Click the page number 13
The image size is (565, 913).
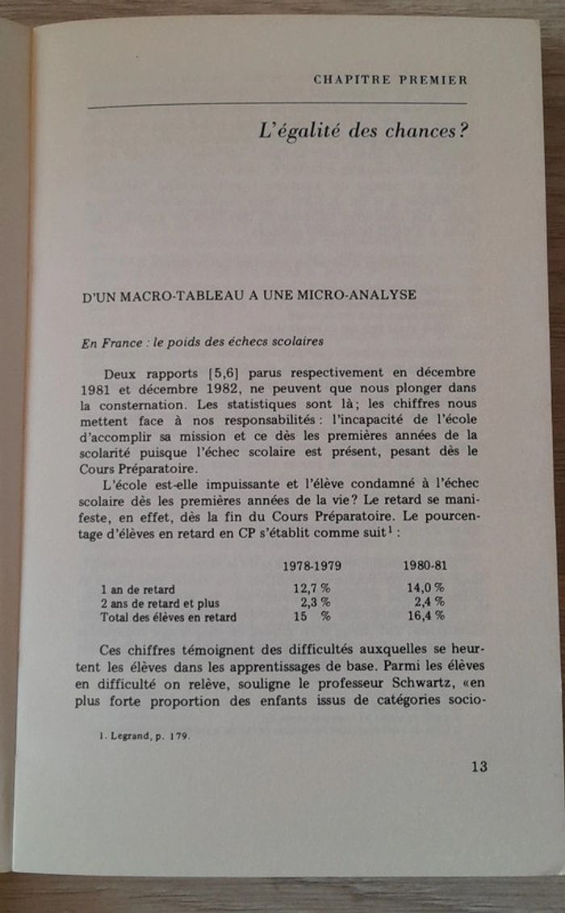click(x=479, y=766)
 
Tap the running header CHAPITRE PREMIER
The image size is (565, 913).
click(x=390, y=79)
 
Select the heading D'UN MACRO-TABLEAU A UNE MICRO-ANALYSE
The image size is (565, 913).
click(x=249, y=295)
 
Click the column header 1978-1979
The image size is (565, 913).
click(x=310, y=565)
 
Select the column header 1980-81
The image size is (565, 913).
click(x=425, y=565)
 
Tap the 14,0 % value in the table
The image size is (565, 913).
click(x=426, y=588)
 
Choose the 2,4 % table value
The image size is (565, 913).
click(x=429, y=602)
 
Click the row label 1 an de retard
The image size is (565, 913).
click(x=138, y=588)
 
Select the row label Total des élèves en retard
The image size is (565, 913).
click(x=169, y=618)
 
